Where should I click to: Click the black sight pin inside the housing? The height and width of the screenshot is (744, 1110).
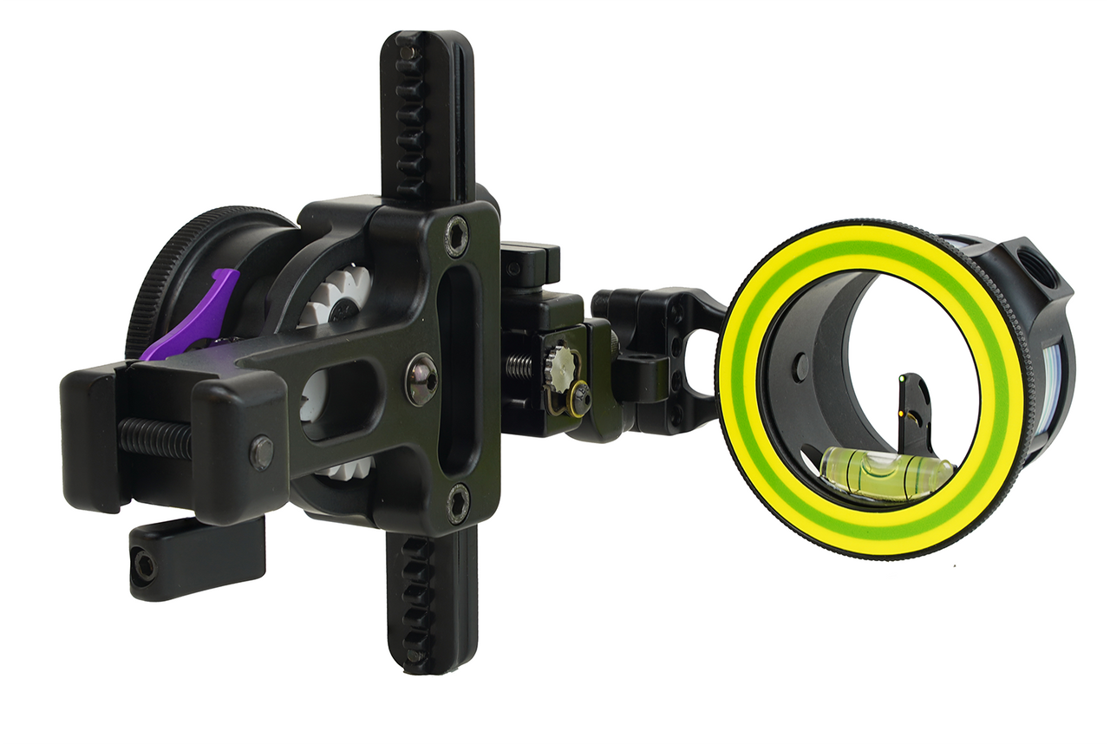(x=914, y=408)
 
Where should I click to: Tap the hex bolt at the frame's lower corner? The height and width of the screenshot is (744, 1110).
(x=457, y=504)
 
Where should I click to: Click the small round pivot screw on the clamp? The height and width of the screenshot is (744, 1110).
(x=261, y=452)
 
